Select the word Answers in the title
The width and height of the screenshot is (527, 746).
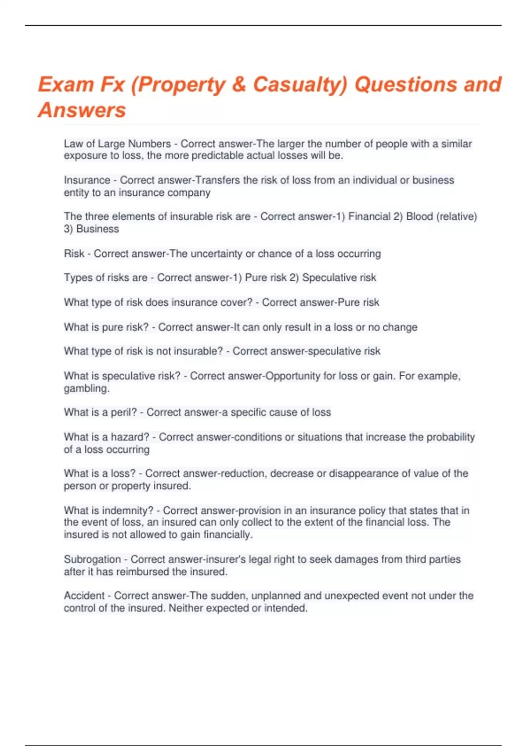click(82, 110)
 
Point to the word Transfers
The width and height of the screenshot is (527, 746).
click(217, 180)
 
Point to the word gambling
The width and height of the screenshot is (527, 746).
click(87, 389)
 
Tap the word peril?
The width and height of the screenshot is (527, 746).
click(124, 412)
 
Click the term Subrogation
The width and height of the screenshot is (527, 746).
click(92, 559)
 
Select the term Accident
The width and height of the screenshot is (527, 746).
click(84, 596)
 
